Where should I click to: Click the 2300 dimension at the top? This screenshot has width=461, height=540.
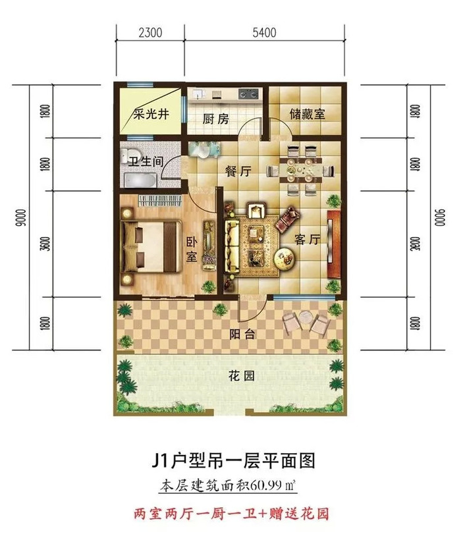pos(150,33)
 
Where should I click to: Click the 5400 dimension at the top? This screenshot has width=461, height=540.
pos(264,33)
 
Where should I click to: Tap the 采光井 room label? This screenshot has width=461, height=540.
pos(151,114)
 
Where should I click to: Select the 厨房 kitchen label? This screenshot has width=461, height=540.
pos(215,119)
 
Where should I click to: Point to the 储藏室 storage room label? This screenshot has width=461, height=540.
pos(308,114)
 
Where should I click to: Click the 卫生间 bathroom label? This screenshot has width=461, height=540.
pos(146,161)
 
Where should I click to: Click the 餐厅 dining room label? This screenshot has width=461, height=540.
pos(238,171)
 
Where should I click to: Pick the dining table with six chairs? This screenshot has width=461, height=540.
pos(301,170)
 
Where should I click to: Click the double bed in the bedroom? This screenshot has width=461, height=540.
pos(149,246)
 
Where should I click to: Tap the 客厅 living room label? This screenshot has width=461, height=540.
pos(308,239)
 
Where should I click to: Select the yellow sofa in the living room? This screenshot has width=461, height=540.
pos(232,246)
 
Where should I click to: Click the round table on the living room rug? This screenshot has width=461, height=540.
pos(284,257)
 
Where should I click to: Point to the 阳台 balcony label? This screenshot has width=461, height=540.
pos(243,334)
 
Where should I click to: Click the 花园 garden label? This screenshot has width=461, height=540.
pos(241,376)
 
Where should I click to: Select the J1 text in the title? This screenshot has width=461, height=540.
pos(160,460)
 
